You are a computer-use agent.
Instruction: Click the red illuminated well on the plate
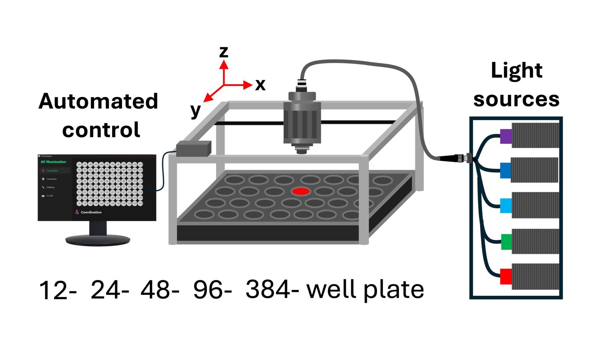(301, 191)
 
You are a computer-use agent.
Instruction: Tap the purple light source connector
(506, 136)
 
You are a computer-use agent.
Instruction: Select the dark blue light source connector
(505, 170)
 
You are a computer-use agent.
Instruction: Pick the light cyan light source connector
(506, 206)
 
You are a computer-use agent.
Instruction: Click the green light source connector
(506, 242)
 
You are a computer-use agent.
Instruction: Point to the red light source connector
(506, 276)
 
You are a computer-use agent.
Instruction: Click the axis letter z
(223, 52)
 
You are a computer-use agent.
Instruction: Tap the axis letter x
(260, 85)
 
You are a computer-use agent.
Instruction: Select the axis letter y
(195, 110)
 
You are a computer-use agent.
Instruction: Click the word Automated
(98, 101)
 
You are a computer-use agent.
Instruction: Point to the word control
(101, 130)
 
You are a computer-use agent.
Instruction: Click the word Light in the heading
(516, 70)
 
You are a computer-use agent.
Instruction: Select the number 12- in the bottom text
(58, 290)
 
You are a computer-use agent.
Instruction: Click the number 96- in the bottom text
(212, 290)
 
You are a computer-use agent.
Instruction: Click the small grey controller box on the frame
(193, 148)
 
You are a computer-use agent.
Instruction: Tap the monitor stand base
(98, 240)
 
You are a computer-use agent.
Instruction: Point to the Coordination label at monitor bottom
(91, 212)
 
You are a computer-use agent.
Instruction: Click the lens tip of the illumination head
(302, 151)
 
